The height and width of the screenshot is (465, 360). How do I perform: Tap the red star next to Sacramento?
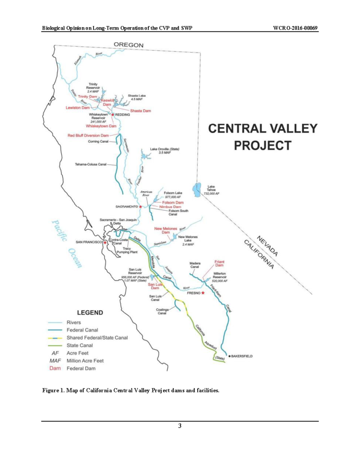click(140, 207)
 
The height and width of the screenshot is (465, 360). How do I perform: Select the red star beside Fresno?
click(203, 293)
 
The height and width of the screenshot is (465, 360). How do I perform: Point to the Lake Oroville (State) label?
click(163, 151)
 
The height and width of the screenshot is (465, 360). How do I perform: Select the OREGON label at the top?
click(129, 45)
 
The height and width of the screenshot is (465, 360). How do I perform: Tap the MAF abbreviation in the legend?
click(55, 361)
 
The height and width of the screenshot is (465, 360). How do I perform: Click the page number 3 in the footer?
click(180, 425)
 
